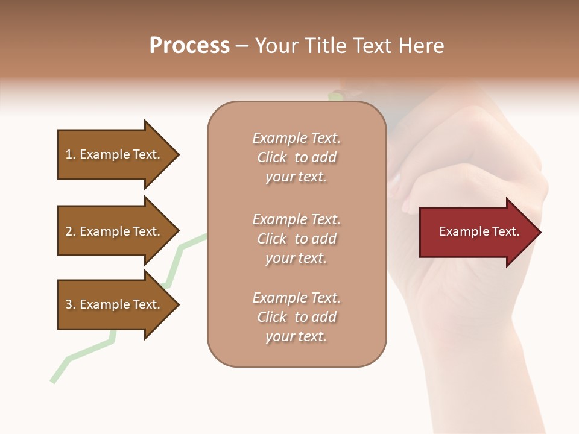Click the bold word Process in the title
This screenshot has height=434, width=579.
(x=189, y=46)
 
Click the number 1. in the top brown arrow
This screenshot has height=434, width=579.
(x=71, y=154)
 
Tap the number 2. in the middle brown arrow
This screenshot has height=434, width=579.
(x=71, y=231)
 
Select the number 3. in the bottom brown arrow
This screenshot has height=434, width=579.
(x=71, y=304)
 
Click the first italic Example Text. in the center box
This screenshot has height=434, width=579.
(x=296, y=138)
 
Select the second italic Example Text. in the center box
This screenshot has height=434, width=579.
(x=296, y=219)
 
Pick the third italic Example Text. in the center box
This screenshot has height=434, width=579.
(x=296, y=298)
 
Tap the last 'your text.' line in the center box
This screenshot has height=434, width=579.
(x=296, y=336)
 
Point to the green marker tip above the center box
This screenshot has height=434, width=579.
(x=335, y=95)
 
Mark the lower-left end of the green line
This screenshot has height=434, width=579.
(x=53, y=380)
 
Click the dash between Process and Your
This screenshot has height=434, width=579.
(x=242, y=46)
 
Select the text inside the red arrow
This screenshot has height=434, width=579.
(x=479, y=231)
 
